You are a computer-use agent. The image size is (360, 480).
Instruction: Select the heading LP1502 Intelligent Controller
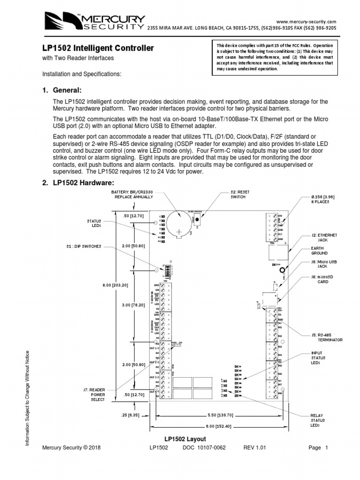[x=98, y=48]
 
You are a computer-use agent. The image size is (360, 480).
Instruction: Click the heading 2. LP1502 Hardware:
[x=78, y=183]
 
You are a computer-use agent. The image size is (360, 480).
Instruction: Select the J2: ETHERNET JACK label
[x=324, y=237]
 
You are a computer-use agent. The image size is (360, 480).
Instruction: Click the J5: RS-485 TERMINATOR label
[x=326, y=337]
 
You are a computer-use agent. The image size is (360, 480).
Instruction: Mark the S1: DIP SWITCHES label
[x=84, y=246]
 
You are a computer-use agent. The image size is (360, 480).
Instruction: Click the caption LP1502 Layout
[x=185, y=439]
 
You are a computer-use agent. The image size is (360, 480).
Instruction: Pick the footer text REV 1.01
[x=255, y=448]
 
